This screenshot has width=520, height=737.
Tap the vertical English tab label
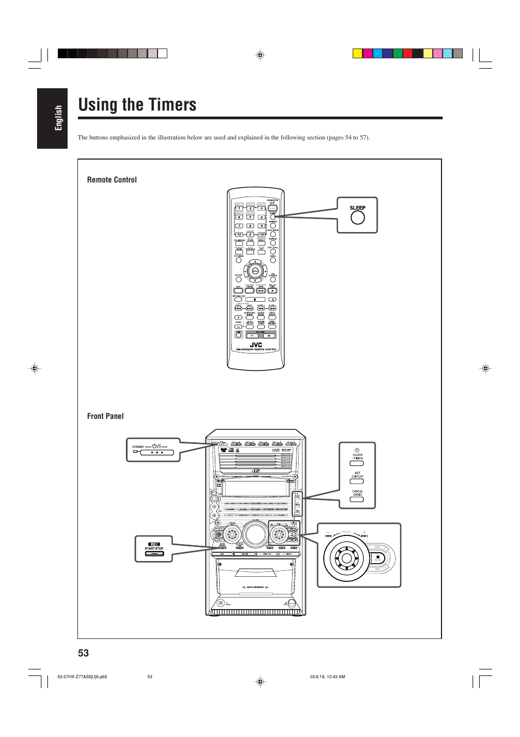(58, 118)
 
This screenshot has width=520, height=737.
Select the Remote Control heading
(112, 180)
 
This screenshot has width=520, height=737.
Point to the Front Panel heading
(105, 416)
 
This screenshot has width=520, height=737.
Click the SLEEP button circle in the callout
(358, 217)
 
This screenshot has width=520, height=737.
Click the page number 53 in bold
(83, 653)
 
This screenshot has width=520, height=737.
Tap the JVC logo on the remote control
(256, 344)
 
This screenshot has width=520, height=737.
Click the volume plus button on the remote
(268, 336)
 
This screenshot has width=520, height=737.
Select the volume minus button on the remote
(252, 336)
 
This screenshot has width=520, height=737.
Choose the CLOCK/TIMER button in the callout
(357, 464)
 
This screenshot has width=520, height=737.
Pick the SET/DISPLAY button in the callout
(357, 482)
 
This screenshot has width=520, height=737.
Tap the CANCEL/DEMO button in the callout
(357, 499)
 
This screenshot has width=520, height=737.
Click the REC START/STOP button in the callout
(154, 553)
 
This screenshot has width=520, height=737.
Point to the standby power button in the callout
(156, 452)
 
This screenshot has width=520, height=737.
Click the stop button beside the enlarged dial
(377, 558)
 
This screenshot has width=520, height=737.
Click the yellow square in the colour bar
(358, 53)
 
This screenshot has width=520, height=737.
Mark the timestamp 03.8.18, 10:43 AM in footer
(328, 677)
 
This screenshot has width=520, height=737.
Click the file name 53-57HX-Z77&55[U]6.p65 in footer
(82, 677)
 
